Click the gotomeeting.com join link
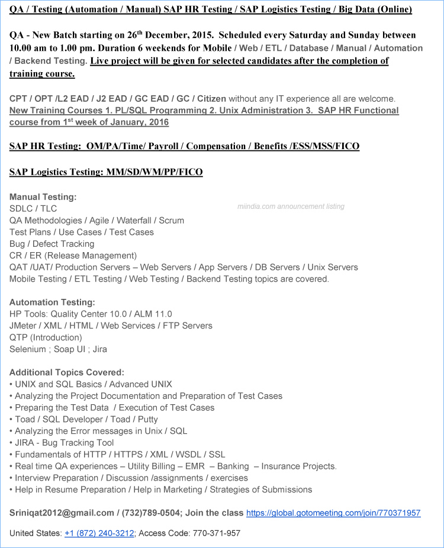pos(333,513)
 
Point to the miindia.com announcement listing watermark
pos(291,207)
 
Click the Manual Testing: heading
pos(43,196)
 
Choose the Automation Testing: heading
pos(52,302)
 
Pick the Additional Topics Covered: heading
pos(67,372)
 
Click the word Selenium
pos(27,349)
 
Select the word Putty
pos(147,419)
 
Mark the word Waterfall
pos(134,220)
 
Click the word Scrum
pos(172,220)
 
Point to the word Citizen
pos(211,98)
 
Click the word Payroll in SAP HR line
pos(165,146)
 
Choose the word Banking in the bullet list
pos(233,466)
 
